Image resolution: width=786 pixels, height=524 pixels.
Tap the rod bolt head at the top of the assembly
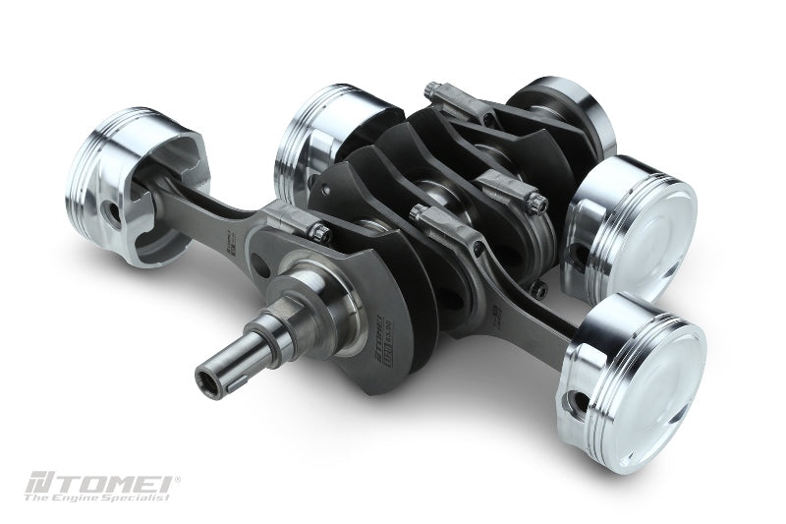[432, 89]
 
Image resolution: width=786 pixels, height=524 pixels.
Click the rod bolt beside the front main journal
[320, 233]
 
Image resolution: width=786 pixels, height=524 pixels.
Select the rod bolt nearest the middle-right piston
[534, 202]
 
